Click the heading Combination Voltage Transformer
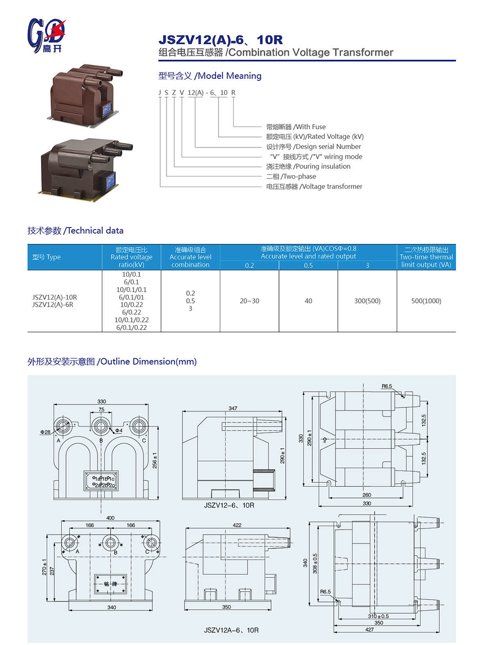[276, 52]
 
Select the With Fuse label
[296, 127]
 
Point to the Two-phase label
[291, 177]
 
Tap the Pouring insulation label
[308, 166]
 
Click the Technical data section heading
[75, 230]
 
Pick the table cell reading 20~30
[249, 301]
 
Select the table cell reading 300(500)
[367, 301]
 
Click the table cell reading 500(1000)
[426, 301]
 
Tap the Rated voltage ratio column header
[131, 257]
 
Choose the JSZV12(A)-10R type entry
[54, 297]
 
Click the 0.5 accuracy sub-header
[308, 265]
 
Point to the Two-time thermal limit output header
[426, 257]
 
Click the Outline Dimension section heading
[112, 362]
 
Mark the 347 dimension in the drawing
[233, 408]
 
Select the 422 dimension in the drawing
[237, 525]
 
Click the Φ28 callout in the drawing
[45, 432]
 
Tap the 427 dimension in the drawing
[369, 630]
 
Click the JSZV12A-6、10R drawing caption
[231, 630]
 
